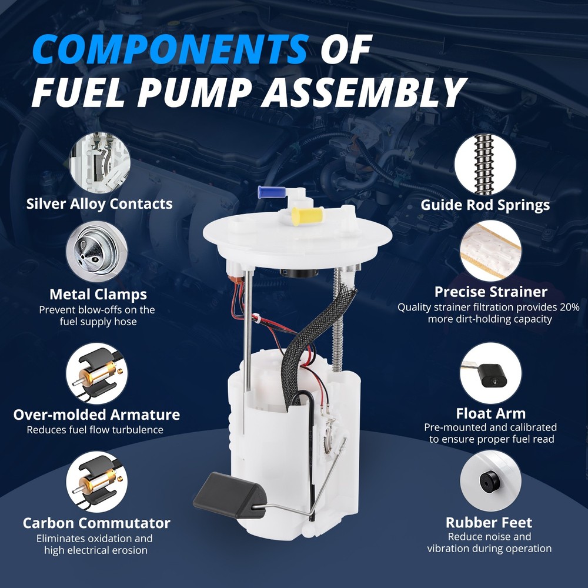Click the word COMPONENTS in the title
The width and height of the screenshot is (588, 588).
point(171,49)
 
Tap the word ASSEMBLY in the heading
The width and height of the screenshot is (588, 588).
point(364,92)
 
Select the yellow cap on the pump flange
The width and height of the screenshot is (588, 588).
point(307,216)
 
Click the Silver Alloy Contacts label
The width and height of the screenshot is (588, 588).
point(99,204)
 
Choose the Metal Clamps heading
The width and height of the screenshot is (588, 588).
point(98,295)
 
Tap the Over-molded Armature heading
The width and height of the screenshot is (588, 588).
point(96,415)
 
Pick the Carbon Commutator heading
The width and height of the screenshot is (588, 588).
point(96,523)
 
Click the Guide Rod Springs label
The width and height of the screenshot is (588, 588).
point(485,205)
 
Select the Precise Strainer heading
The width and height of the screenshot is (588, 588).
point(491,292)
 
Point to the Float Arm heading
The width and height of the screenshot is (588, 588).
point(491,413)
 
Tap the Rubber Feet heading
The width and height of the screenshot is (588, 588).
point(489,522)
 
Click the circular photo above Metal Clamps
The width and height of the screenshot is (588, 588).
point(97,252)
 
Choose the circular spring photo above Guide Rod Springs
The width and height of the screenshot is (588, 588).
point(485,165)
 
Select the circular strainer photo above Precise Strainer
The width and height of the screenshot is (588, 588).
point(491,250)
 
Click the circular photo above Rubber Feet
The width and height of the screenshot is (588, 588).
point(491,481)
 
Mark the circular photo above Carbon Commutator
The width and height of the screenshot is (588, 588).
point(97,482)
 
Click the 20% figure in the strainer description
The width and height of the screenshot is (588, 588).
point(570,308)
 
